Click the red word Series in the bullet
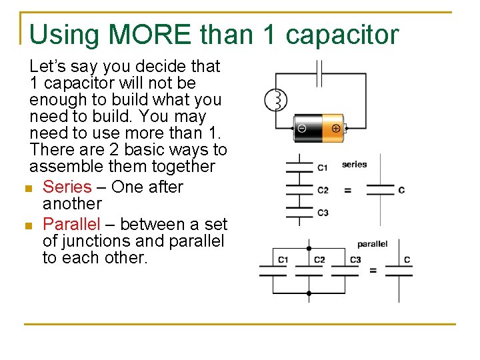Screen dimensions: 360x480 point(67,187)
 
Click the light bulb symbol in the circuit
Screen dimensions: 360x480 point(275,101)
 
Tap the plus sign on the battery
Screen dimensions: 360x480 point(335,128)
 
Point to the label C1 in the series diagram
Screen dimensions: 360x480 point(323,167)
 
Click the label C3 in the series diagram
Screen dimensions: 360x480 point(323,213)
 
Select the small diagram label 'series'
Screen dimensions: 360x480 point(354,165)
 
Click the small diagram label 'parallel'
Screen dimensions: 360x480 point(372,244)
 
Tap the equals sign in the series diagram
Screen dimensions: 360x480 point(347,190)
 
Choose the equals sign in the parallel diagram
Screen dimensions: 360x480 point(373,270)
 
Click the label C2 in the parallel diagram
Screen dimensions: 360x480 point(319,259)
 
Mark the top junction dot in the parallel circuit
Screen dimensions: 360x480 point(308,248)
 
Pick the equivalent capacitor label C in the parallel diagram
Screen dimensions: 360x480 point(407,259)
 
